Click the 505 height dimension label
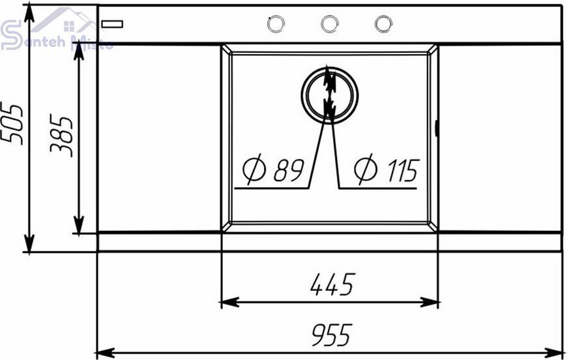click(11, 125)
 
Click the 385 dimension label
click(61, 136)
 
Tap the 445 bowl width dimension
click(332, 284)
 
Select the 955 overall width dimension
click(332, 335)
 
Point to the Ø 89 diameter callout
click(273, 170)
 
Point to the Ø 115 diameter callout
click(387, 170)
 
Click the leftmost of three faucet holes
click(276, 24)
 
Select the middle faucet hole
click(329, 24)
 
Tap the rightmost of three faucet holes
click(383, 24)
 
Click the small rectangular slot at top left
click(112, 24)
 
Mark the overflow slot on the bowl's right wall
click(437, 128)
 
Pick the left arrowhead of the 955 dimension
click(105, 352)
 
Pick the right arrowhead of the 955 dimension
click(555, 352)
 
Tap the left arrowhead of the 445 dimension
click(229, 302)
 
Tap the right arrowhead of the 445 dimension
click(429, 302)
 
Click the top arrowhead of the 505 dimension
click(29, 14)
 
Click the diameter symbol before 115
click(366, 170)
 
